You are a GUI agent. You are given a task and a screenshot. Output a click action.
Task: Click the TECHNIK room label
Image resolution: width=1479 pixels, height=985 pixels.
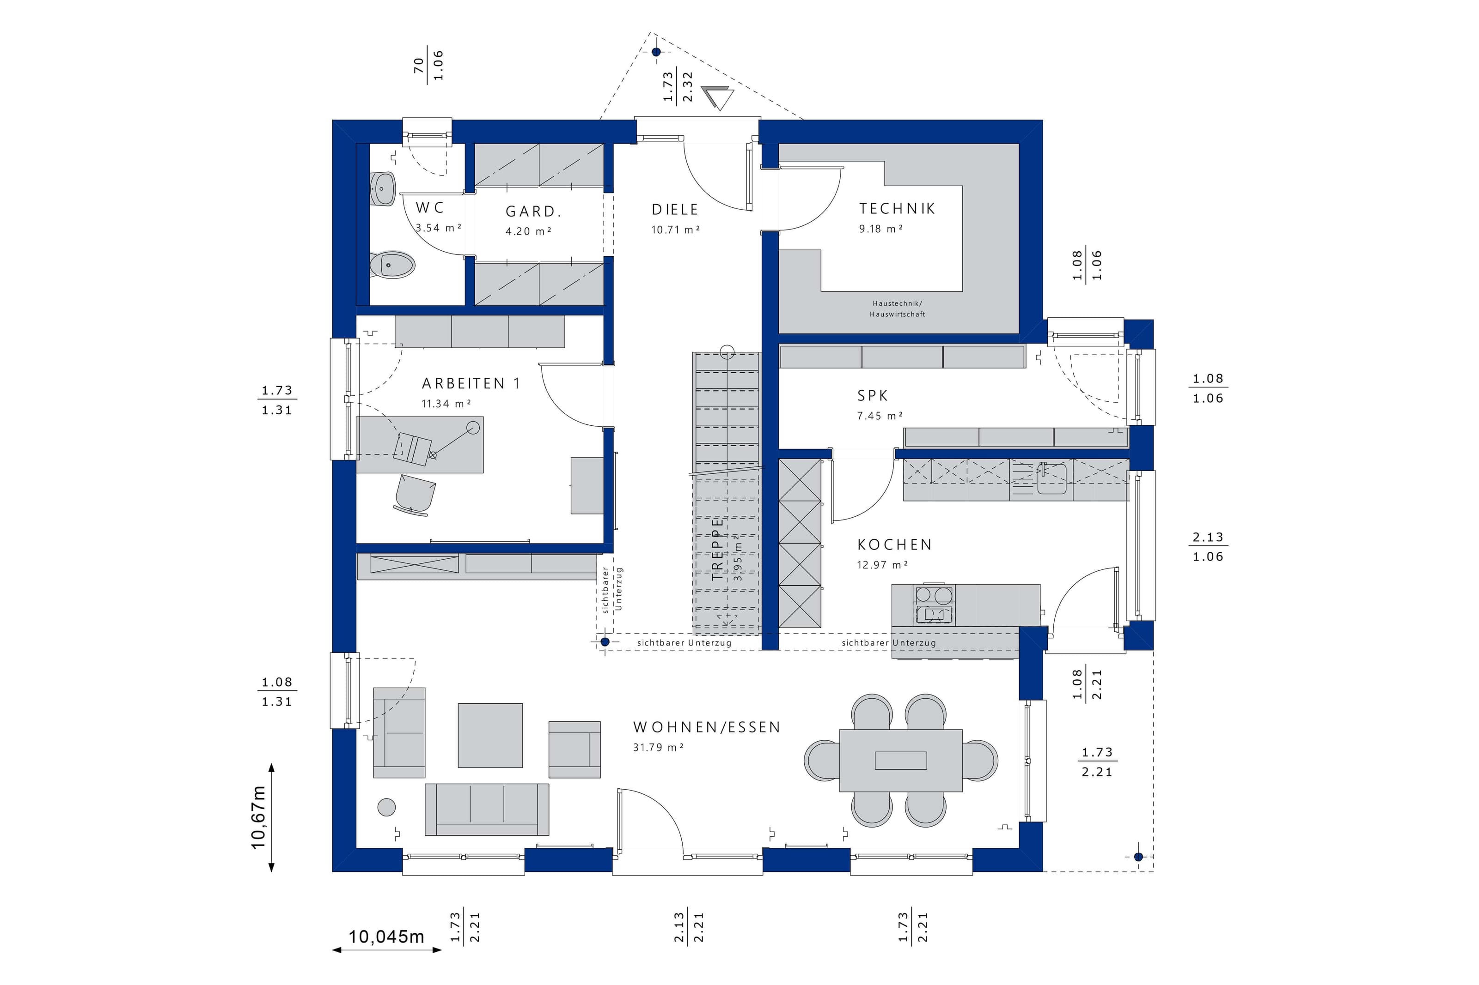(897, 209)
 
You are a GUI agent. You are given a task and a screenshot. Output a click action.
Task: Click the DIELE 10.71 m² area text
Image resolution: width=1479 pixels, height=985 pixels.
(676, 230)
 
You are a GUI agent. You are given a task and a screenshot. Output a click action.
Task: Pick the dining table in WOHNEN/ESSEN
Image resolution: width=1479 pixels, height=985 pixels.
(901, 760)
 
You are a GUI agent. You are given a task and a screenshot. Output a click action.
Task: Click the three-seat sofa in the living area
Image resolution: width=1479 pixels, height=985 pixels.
(487, 809)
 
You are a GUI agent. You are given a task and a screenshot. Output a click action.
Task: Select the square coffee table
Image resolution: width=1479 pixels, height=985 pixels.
(490, 735)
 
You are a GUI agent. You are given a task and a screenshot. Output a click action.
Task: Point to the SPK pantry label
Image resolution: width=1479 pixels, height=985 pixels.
(873, 396)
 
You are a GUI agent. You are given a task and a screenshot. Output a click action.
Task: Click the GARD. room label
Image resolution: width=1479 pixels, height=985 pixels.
(533, 212)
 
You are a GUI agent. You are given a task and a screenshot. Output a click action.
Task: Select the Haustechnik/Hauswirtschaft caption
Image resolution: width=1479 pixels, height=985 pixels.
(898, 309)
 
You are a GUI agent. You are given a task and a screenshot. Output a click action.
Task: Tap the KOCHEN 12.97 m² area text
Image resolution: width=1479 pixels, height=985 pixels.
(882, 565)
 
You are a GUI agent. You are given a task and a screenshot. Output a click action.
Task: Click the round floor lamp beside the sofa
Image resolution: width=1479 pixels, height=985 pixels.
(386, 807)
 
